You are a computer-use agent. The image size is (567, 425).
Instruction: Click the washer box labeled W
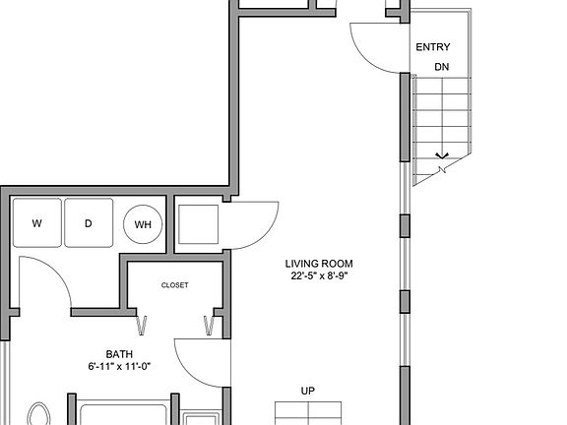pos(37,223)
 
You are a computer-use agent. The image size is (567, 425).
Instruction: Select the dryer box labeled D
pos(88,223)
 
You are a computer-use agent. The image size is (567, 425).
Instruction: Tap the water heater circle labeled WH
pos(143,224)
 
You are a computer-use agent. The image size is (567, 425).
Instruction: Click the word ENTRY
pos(433,47)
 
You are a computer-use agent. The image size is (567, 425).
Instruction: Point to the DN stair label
pos(441,67)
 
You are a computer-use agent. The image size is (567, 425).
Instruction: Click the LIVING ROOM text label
pos(319,264)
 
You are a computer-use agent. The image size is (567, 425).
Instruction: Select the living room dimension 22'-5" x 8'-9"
pos(319,276)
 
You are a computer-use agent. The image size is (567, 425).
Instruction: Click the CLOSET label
pos(174,285)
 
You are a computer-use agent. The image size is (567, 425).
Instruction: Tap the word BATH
pos(120,354)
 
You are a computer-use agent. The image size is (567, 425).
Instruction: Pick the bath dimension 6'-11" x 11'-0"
pos(120,367)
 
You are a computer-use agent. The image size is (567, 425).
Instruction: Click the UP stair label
pos(308,391)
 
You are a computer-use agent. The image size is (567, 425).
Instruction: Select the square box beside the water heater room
pos(197,223)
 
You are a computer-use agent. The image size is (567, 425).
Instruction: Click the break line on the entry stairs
pos(442,161)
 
